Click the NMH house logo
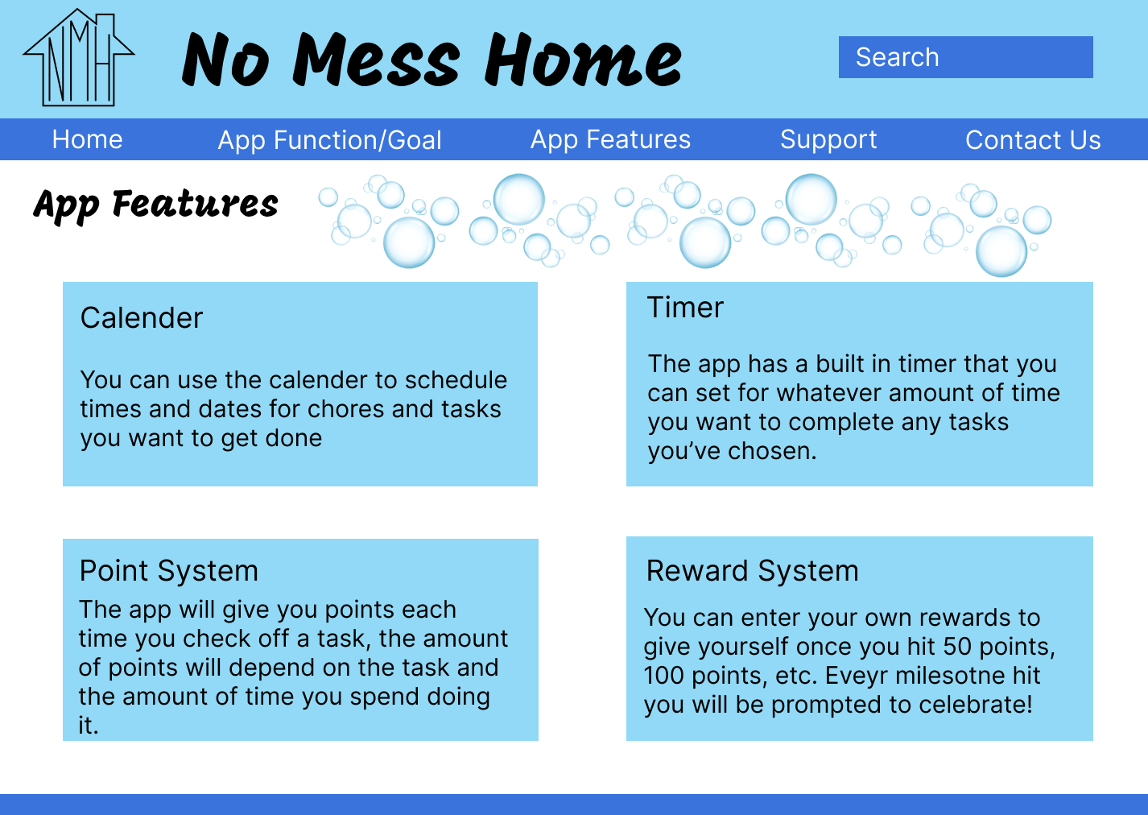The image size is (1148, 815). pyautogui.click(x=79, y=59)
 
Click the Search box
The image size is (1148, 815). pyautogui.click(x=965, y=57)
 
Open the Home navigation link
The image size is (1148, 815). pyautogui.click(x=87, y=139)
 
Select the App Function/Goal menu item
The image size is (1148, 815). pyautogui.click(x=329, y=140)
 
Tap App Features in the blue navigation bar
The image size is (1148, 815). pyautogui.click(x=610, y=139)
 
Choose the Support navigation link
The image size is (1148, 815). pyautogui.click(x=828, y=139)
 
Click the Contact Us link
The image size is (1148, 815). pyautogui.click(x=1033, y=140)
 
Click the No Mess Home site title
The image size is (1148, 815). pyautogui.click(x=432, y=60)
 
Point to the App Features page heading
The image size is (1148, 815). pyautogui.click(x=155, y=205)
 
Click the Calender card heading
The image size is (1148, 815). pyautogui.click(x=142, y=318)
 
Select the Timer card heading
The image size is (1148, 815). pyautogui.click(x=685, y=308)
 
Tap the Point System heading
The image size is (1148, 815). pyautogui.click(x=169, y=571)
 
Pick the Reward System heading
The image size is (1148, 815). pyautogui.click(x=752, y=571)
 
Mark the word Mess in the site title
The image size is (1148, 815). pyautogui.click(x=377, y=60)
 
